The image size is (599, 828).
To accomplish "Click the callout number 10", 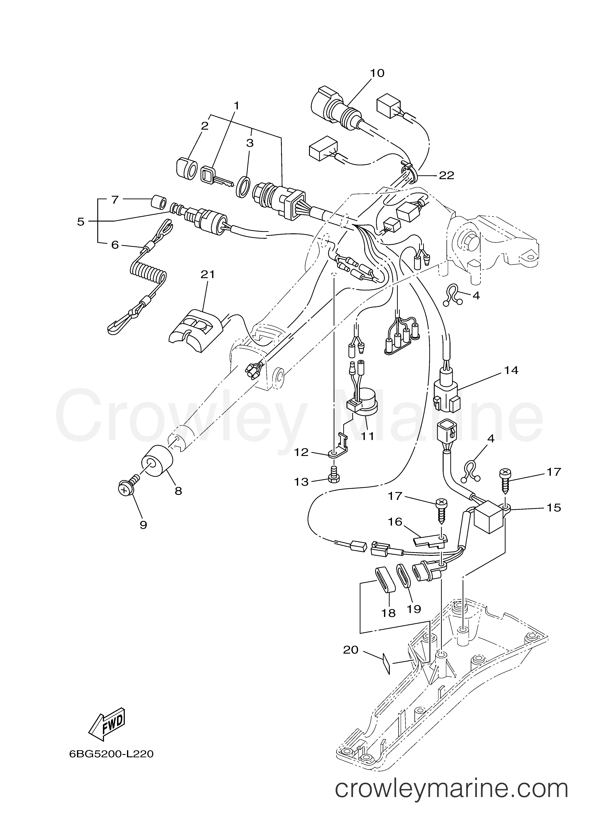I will [377, 73].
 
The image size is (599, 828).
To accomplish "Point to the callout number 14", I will [511, 371].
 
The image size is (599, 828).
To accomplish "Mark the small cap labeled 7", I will [158, 202].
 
